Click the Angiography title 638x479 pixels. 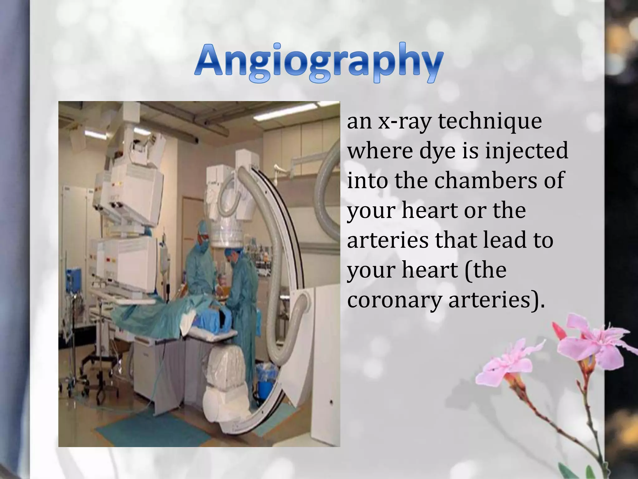point(318,62)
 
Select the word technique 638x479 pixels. point(490,121)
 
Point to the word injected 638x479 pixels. point(526,151)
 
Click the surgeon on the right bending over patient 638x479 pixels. point(243,281)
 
